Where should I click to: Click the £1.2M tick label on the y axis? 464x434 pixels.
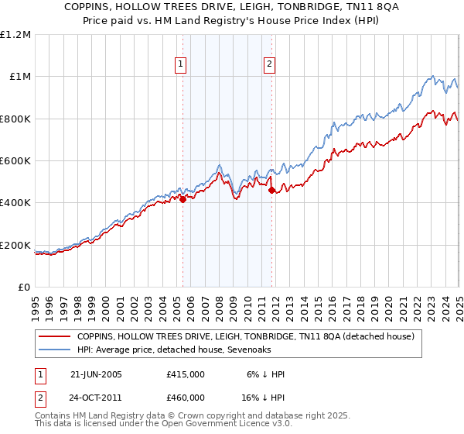(x=17, y=35)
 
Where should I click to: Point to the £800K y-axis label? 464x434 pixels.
(x=17, y=119)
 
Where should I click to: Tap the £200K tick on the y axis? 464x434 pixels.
(x=17, y=246)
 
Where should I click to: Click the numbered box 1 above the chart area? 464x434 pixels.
(x=180, y=65)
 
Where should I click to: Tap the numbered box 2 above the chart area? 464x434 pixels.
(x=270, y=65)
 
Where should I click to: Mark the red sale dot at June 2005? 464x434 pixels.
(x=183, y=199)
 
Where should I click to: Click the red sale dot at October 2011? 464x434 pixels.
(x=272, y=190)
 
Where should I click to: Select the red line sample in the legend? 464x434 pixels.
(x=54, y=336)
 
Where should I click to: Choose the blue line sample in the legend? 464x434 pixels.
(x=54, y=349)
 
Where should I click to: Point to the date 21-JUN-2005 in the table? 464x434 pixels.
(x=96, y=374)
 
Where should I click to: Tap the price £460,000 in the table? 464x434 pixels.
(x=186, y=397)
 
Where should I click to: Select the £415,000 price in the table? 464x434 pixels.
(x=186, y=374)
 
